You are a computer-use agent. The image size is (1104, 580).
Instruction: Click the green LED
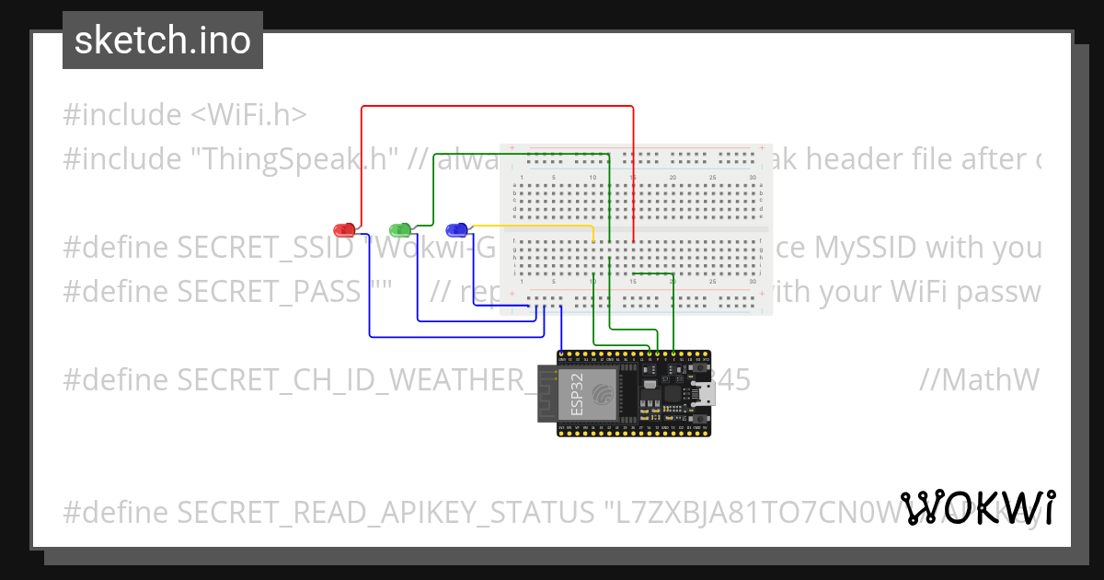coord(400,228)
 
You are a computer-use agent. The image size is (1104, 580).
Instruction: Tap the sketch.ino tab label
coord(163,41)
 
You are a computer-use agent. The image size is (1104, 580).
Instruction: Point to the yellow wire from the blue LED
coord(534,226)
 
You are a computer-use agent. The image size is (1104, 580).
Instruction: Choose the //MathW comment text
coord(979,380)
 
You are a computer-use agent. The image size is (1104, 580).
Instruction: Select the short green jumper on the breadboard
coord(655,273)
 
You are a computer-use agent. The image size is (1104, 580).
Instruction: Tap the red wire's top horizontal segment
coord(497,107)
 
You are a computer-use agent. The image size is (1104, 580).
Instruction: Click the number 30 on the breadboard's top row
coord(753,177)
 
